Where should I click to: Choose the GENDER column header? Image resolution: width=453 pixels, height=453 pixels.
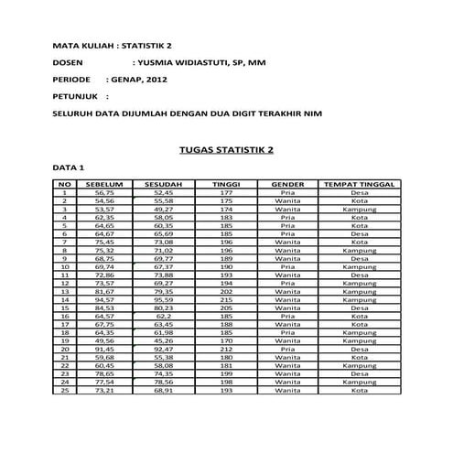click(x=287, y=184)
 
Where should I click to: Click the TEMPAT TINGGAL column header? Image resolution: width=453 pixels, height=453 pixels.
click(x=360, y=184)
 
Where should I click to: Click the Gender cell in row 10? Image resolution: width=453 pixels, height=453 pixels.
click(x=287, y=266)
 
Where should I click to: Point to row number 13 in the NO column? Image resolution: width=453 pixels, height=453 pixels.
click(x=65, y=291)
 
